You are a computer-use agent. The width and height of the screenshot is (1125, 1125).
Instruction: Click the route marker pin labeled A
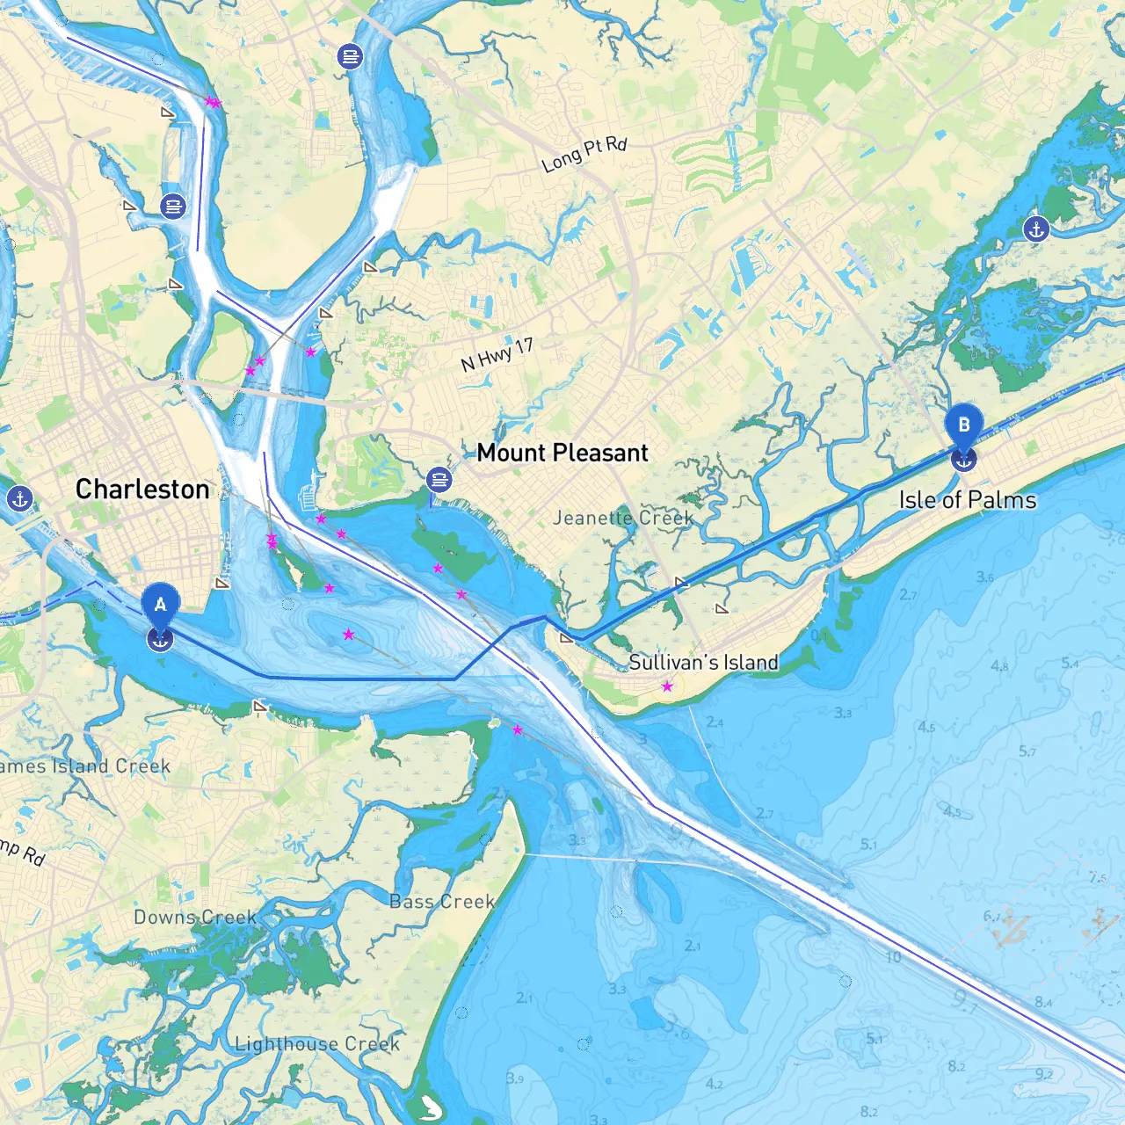pyautogui.click(x=160, y=606)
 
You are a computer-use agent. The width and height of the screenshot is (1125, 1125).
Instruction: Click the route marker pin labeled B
pyautogui.click(x=963, y=426)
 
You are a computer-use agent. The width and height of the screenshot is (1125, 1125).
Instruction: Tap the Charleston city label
pyautogui.click(x=142, y=489)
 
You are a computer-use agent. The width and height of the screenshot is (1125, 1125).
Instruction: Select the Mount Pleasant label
pyautogui.click(x=562, y=453)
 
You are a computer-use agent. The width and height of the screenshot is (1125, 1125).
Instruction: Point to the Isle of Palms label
pyautogui.click(x=967, y=500)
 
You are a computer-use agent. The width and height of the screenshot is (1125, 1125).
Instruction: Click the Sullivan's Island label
pyautogui.click(x=703, y=662)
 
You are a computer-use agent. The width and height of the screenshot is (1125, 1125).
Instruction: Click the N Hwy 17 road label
pyautogui.click(x=497, y=353)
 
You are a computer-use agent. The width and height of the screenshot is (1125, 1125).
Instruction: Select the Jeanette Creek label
pyautogui.click(x=622, y=518)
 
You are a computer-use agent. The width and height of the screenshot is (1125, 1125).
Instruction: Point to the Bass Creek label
pyautogui.click(x=442, y=902)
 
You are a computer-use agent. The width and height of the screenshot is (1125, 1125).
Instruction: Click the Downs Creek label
pyautogui.click(x=195, y=917)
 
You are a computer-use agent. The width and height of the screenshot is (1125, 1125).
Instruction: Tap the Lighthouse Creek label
pyautogui.click(x=316, y=1043)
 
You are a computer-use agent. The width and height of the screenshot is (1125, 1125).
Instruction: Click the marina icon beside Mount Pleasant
pyautogui.click(x=439, y=480)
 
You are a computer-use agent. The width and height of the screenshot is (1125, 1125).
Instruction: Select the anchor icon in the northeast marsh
pyautogui.click(x=1036, y=229)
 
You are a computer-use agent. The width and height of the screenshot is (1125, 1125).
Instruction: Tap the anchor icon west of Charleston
pyautogui.click(x=18, y=499)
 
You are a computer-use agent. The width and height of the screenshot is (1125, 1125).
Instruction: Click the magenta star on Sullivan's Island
pyautogui.click(x=667, y=686)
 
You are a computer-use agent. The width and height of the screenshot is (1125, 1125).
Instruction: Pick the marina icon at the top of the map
pyautogui.click(x=350, y=57)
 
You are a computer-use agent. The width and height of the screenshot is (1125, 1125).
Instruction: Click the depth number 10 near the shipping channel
pyautogui.click(x=893, y=957)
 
